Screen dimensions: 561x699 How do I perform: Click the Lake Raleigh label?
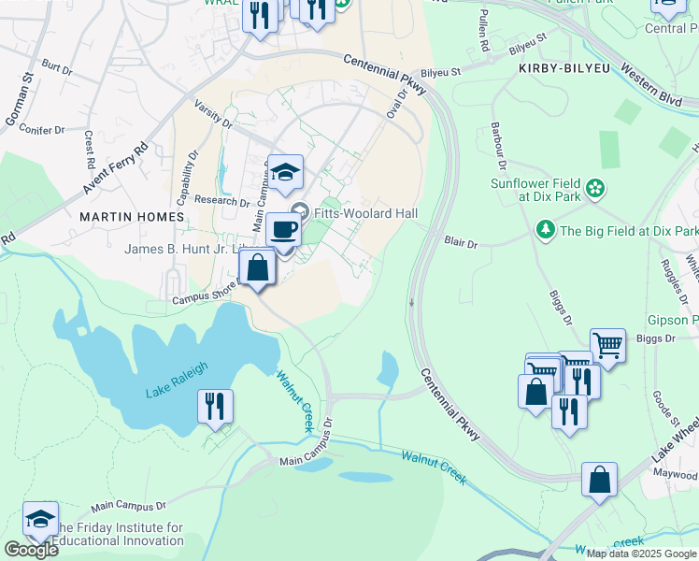(x=176, y=380)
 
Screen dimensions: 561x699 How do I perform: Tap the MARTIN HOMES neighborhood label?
(x=132, y=217)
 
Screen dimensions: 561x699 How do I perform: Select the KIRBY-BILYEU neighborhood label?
(x=558, y=69)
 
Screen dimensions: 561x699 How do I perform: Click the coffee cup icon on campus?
(x=283, y=228)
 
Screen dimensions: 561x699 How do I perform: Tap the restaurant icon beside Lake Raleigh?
(x=215, y=407)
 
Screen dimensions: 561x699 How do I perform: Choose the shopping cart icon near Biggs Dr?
(x=607, y=345)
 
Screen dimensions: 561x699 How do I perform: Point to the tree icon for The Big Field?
(x=545, y=230)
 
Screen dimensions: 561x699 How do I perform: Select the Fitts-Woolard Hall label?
(x=365, y=213)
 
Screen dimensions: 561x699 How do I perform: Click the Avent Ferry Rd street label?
(x=116, y=168)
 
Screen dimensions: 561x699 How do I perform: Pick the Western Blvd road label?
(x=651, y=85)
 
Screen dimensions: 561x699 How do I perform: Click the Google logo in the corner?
(x=30, y=550)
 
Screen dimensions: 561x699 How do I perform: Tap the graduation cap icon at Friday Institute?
(x=41, y=519)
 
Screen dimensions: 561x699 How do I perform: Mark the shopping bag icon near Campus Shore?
(x=257, y=267)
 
